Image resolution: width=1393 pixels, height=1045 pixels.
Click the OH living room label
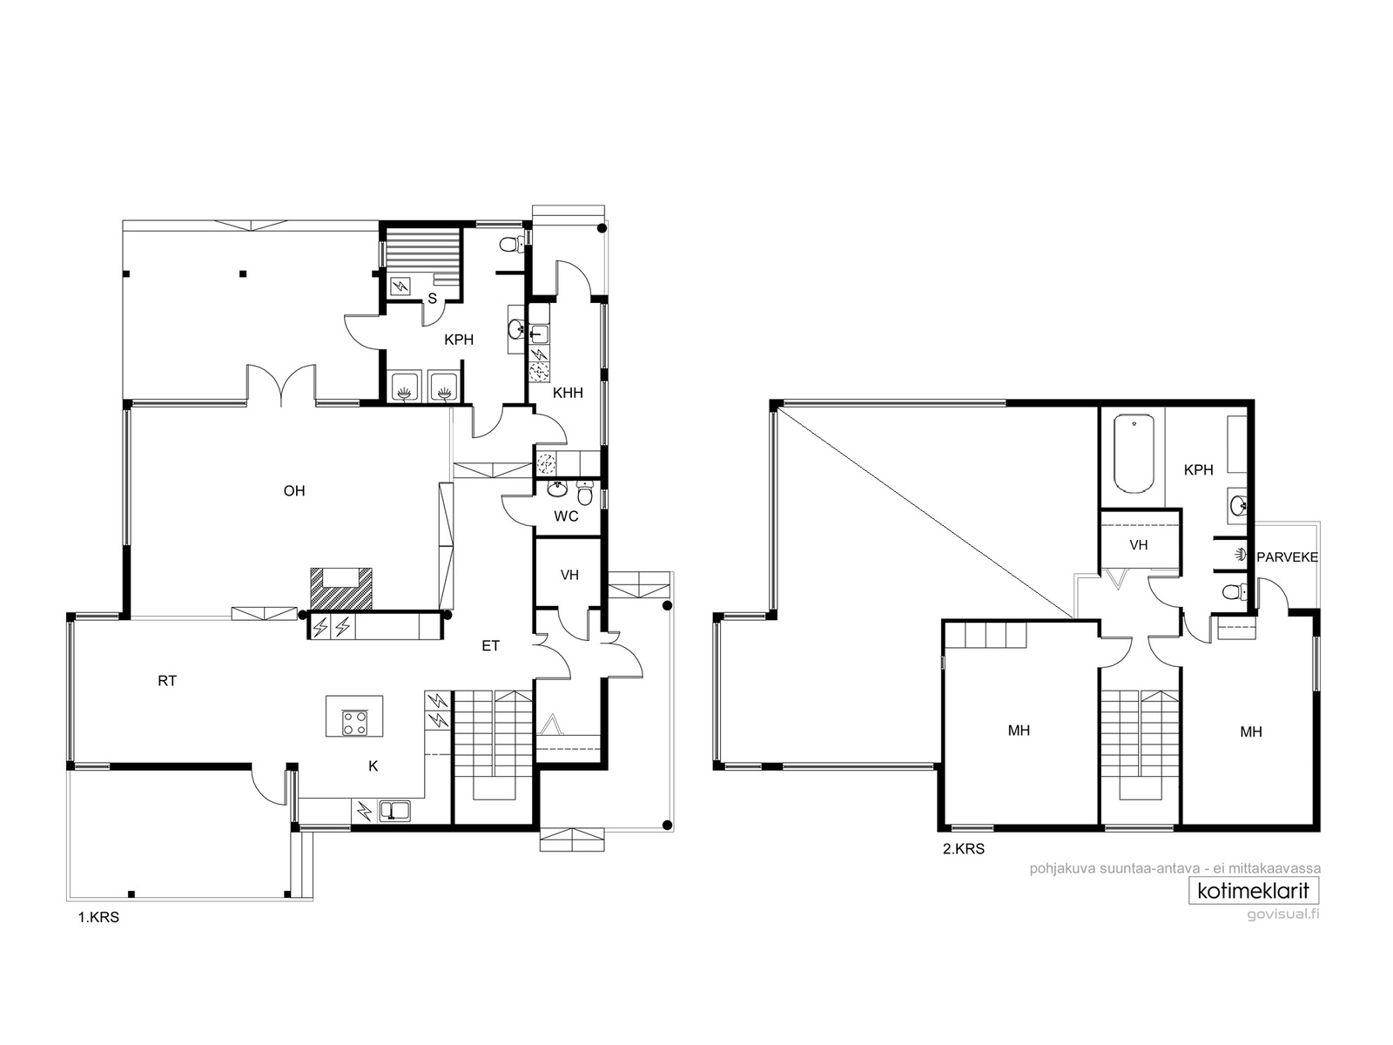[294, 490]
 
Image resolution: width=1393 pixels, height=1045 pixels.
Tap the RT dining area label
[167, 681]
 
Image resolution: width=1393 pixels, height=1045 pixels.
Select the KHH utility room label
[568, 393]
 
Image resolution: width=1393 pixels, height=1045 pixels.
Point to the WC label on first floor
[566, 516]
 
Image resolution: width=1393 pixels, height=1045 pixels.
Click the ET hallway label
[490, 646]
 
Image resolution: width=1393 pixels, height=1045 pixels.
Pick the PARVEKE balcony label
[1288, 557]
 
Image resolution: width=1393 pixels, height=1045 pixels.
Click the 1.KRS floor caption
[98, 918]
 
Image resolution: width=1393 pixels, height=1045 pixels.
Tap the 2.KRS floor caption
[964, 849]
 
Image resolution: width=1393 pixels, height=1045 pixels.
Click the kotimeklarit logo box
[1254, 891]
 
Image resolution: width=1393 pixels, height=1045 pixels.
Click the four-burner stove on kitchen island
[354, 722]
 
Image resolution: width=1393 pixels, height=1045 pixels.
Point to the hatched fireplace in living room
[340, 588]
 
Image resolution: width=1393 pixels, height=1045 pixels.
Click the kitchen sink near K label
[394, 811]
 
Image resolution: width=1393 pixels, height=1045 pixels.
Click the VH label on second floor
[1139, 545]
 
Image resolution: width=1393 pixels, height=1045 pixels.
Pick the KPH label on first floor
[459, 340]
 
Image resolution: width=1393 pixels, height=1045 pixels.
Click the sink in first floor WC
[558, 489]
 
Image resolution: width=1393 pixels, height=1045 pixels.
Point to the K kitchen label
[373, 765]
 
